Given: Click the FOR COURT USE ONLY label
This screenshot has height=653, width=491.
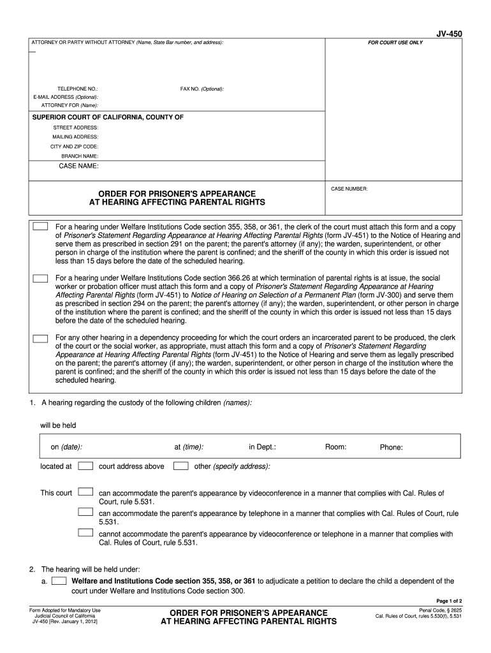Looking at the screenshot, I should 395,43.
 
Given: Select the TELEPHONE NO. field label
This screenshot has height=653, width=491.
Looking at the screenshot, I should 78,89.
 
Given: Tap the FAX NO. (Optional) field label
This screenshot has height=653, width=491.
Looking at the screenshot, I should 202,89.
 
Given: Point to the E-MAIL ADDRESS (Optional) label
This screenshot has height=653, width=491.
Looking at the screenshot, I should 66,97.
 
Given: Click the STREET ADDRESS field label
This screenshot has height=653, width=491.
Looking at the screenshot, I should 75,127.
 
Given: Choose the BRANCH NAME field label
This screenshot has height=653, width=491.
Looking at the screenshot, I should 80,156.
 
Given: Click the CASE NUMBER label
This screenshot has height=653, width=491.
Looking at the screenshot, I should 349,189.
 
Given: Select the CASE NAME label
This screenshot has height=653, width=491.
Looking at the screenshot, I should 78,166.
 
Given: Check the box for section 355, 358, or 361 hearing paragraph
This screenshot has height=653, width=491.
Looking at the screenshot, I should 41,226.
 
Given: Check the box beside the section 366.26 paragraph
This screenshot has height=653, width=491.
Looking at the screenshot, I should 41,279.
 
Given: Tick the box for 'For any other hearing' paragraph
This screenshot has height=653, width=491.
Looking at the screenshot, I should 41,338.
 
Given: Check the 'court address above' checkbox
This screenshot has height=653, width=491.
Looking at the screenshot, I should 85,466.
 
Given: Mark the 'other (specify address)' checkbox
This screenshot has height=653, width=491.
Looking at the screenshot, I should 181,466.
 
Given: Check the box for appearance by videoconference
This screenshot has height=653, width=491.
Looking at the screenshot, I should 85,492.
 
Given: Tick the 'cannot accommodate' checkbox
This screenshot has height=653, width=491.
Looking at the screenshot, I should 85,532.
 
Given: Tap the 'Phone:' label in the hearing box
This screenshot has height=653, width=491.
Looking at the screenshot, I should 391,448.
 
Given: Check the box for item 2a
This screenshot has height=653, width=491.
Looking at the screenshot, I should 59,581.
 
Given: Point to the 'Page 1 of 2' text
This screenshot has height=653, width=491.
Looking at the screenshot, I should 449,601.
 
